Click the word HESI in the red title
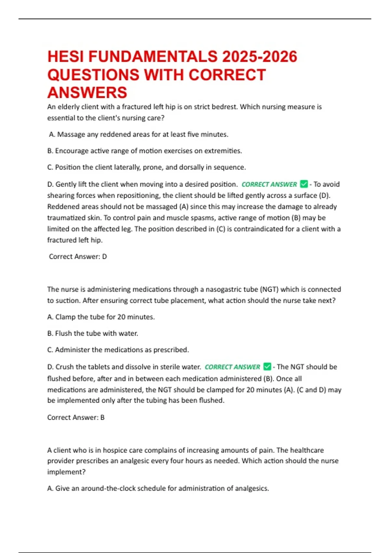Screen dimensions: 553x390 point(66,57)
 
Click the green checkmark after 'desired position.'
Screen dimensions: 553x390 point(304,184)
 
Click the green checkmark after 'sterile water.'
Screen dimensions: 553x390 point(267,367)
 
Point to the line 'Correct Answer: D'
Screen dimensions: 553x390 point(78,257)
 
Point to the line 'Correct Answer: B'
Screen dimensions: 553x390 point(76,417)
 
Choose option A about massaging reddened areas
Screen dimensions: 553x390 point(138,134)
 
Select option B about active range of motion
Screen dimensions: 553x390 point(145,151)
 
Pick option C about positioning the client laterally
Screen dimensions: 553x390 point(147,167)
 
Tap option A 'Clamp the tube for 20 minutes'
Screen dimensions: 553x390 point(101,317)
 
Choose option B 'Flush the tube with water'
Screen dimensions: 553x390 point(93,333)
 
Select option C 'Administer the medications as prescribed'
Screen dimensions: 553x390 point(118,350)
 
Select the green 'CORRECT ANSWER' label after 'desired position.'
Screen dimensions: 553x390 point(269,184)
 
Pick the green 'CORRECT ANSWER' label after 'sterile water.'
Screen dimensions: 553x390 point(232,367)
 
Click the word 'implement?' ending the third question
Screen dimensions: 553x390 point(66,472)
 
